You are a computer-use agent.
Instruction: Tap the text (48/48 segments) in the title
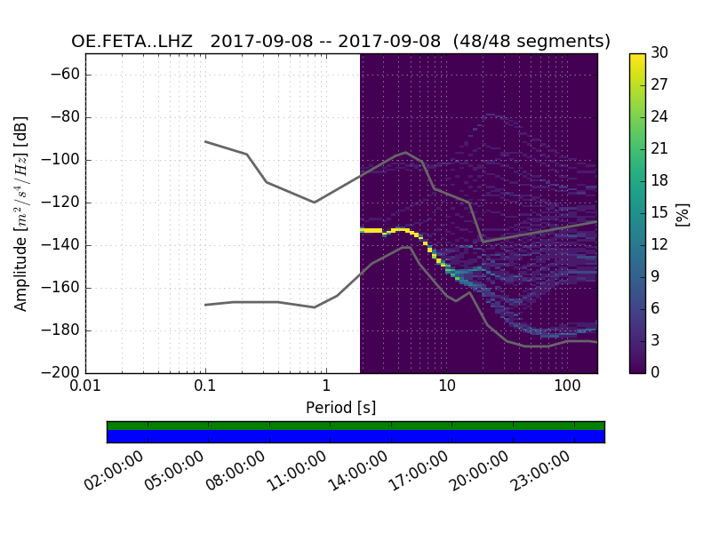(531, 42)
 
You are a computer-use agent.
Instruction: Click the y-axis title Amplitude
(20, 213)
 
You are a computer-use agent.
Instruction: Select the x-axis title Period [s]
(341, 408)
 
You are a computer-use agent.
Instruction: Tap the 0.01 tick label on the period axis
(85, 387)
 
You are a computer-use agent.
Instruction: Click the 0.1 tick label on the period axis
(205, 387)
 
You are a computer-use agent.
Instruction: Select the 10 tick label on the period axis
(446, 387)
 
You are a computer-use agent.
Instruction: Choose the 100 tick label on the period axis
(567, 387)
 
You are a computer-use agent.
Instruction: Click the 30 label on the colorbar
(659, 53)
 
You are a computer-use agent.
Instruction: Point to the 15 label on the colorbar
(659, 213)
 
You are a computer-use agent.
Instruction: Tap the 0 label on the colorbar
(656, 373)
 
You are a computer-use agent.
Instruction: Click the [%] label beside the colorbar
(683, 213)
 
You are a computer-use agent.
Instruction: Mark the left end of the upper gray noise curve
(205, 141)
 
